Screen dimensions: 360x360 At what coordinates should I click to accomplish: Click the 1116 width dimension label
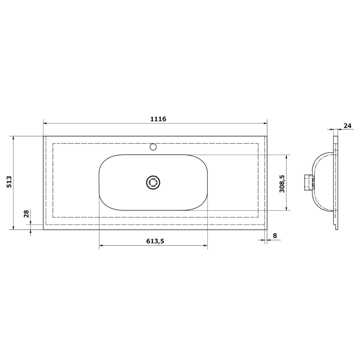[158, 119]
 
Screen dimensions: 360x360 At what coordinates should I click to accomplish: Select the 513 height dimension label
[9, 182]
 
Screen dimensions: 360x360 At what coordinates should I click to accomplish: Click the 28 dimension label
[26, 214]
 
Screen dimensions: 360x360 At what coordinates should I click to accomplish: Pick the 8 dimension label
[274, 235]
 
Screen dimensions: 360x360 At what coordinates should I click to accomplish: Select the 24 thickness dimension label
[347, 126]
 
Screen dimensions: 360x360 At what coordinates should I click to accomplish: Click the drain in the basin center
[153, 182]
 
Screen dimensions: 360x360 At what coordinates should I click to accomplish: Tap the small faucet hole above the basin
[153, 146]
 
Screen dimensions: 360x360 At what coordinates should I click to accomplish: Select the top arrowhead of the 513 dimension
[14, 138]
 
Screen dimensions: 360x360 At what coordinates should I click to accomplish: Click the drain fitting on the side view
[308, 182]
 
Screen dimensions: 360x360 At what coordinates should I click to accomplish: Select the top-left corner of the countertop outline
[44, 136]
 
